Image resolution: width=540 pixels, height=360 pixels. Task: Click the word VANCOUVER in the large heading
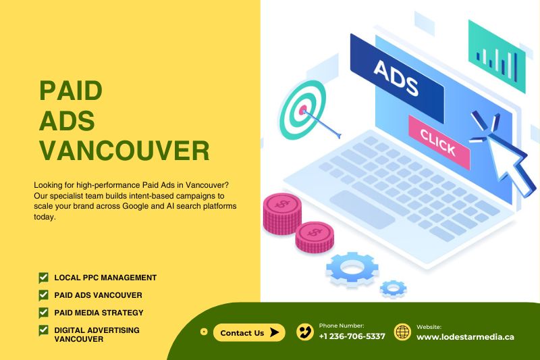click(x=124, y=151)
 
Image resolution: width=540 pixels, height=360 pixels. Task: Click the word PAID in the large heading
click(x=71, y=91)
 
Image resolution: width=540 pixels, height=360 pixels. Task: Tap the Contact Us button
click(x=249, y=333)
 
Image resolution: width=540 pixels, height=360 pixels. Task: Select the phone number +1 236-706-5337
click(x=352, y=336)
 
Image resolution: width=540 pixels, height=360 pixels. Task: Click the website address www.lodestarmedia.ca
click(x=465, y=337)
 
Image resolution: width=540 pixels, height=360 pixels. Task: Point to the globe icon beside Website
click(x=402, y=332)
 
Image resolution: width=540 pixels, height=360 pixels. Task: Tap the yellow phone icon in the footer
click(x=305, y=332)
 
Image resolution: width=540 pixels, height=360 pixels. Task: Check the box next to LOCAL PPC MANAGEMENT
click(x=43, y=278)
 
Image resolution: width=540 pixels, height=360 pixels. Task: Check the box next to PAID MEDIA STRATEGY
click(x=43, y=313)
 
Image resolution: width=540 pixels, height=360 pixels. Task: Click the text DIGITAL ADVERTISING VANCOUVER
click(x=97, y=334)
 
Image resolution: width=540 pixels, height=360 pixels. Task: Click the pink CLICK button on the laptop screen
click(x=439, y=142)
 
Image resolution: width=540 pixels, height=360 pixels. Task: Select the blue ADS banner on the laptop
click(x=397, y=78)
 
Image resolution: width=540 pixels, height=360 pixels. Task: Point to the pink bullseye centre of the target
click(x=302, y=110)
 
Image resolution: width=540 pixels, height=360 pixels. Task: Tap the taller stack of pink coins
click(x=282, y=214)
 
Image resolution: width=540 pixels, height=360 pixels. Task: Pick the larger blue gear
click(x=352, y=269)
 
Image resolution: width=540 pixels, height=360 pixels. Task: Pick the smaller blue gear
click(x=393, y=288)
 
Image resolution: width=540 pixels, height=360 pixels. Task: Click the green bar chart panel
click(x=497, y=57)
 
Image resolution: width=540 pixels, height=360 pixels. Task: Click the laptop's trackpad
click(x=362, y=209)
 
